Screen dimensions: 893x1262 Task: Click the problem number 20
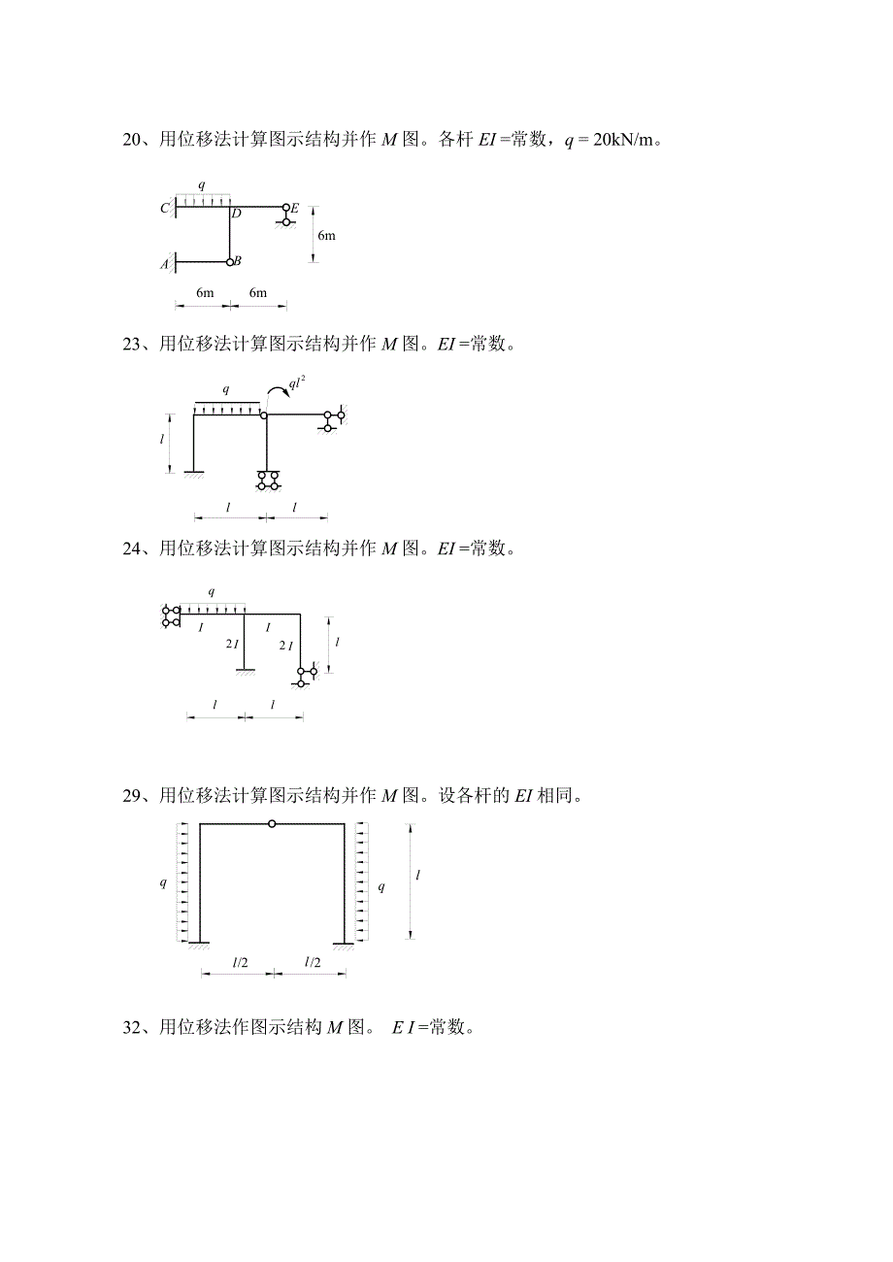tap(132, 139)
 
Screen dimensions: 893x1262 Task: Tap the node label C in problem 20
tap(164, 208)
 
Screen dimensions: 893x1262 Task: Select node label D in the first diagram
tap(237, 214)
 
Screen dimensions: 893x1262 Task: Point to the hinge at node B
tap(230, 262)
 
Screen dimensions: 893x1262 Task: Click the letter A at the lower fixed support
tap(164, 264)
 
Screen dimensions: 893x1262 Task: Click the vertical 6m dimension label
tap(326, 235)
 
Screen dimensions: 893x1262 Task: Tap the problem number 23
tap(132, 344)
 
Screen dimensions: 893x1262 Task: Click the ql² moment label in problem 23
tap(297, 382)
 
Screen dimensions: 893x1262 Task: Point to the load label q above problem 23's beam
tap(226, 389)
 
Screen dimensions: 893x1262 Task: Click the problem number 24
tap(132, 548)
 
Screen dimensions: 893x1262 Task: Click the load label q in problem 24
tap(212, 591)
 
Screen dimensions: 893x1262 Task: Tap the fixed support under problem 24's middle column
tap(245, 672)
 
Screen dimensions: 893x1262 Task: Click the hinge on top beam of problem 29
tap(272, 823)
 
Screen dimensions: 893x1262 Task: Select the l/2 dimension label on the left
tap(241, 962)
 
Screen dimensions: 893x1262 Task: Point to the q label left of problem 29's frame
tap(163, 882)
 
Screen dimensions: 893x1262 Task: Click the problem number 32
tap(132, 1028)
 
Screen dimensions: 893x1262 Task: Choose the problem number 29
tap(132, 796)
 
